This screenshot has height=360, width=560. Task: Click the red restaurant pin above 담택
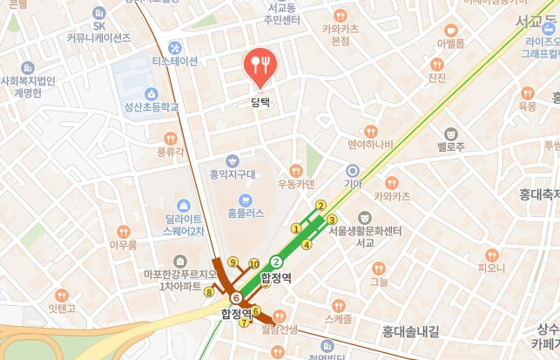(x=260, y=67)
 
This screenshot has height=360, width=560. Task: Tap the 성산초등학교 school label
(x=151, y=107)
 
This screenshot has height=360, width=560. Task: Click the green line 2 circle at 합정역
(x=277, y=261)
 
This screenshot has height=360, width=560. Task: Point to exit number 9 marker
(x=233, y=262)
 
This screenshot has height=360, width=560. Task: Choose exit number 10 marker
(x=254, y=263)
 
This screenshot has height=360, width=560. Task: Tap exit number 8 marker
(x=208, y=293)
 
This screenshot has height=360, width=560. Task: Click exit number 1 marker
(x=295, y=228)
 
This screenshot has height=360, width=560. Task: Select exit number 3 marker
(x=332, y=219)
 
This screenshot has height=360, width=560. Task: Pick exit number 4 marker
(x=307, y=244)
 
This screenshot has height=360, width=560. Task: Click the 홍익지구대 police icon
(x=232, y=160)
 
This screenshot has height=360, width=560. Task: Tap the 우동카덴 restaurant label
(x=296, y=184)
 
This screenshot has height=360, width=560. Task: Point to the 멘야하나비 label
(x=370, y=144)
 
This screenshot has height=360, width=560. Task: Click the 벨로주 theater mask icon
(x=450, y=133)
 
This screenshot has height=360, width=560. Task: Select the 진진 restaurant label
(x=437, y=78)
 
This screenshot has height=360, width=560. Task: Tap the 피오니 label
(x=491, y=268)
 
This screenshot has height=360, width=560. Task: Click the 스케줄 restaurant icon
(x=338, y=306)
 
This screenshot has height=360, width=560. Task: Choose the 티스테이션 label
(x=175, y=61)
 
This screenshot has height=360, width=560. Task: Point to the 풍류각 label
(x=171, y=152)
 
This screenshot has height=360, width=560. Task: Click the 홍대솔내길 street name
(x=410, y=331)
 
